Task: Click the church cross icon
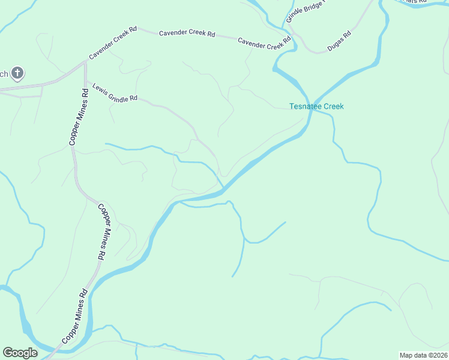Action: coord(18,74)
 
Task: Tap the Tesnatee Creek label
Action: coord(316,106)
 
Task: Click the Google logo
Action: coord(20,353)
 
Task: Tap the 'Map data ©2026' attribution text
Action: coord(423,355)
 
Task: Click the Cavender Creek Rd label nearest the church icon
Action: coord(112,46)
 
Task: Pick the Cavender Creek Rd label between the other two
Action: coord(187,34)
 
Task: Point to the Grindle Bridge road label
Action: coord(304,10)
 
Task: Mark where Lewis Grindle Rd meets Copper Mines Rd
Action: coord(86,80)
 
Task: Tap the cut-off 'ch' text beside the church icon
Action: coord(4,74)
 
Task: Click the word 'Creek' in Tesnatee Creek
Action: coord(334,106)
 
